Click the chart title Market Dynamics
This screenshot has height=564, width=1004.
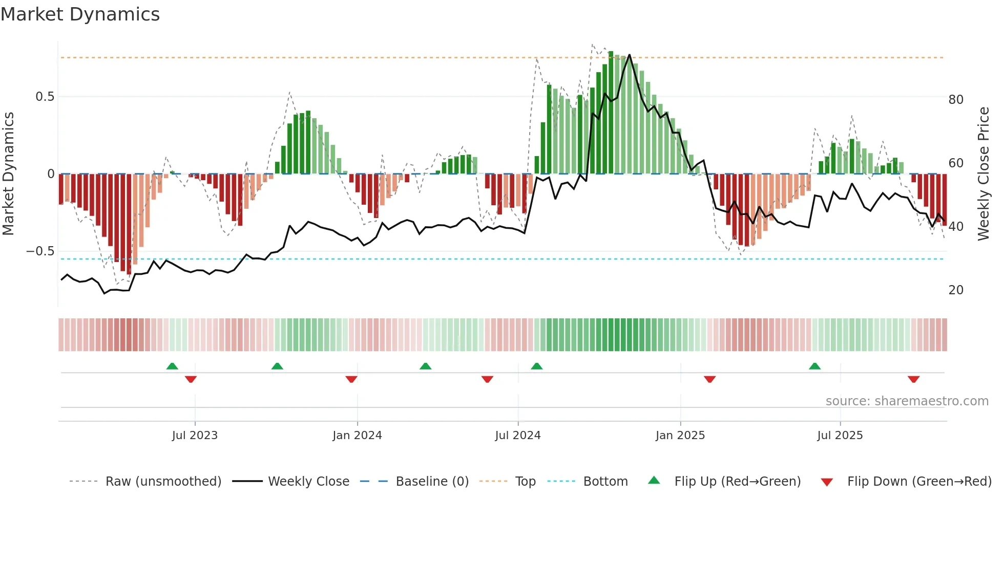coord(80,14)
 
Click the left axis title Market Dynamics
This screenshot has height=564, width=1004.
coord(8,174)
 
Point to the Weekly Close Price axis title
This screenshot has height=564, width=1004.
coord(983,174)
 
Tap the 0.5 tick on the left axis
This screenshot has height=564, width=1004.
coord(45,97)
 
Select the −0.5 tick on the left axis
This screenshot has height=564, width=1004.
coord(40,251)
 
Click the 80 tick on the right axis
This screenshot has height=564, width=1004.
coord(955,99)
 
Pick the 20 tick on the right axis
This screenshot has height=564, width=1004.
coord(955,290)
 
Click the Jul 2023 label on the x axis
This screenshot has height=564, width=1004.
coord(195,436)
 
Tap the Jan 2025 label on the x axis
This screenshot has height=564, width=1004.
coord(680,436)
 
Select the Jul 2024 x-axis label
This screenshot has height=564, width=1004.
coord(517,436)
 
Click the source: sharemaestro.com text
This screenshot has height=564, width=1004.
coord(907,401)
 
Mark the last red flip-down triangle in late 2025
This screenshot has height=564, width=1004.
coord(913,379)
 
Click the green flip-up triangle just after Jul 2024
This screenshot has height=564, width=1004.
coord(536,366)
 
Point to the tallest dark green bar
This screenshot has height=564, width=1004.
coord(611,113)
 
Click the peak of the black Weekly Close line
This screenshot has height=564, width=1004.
coord(629,55)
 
